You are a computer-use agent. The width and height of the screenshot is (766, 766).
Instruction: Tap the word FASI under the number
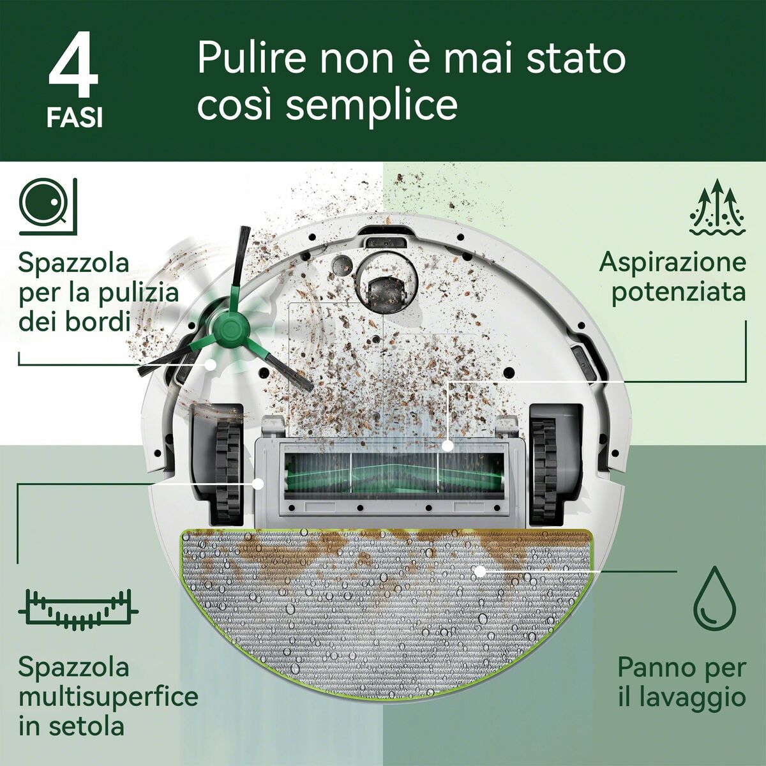(74, 119)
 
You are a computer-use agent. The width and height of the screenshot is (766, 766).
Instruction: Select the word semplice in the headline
(372, 105)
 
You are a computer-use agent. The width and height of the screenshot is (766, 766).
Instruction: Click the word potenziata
(679, 292)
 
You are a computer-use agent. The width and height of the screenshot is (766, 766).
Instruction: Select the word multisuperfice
(108, 696)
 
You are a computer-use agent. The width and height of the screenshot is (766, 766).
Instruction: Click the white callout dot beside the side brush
(211, 364)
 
